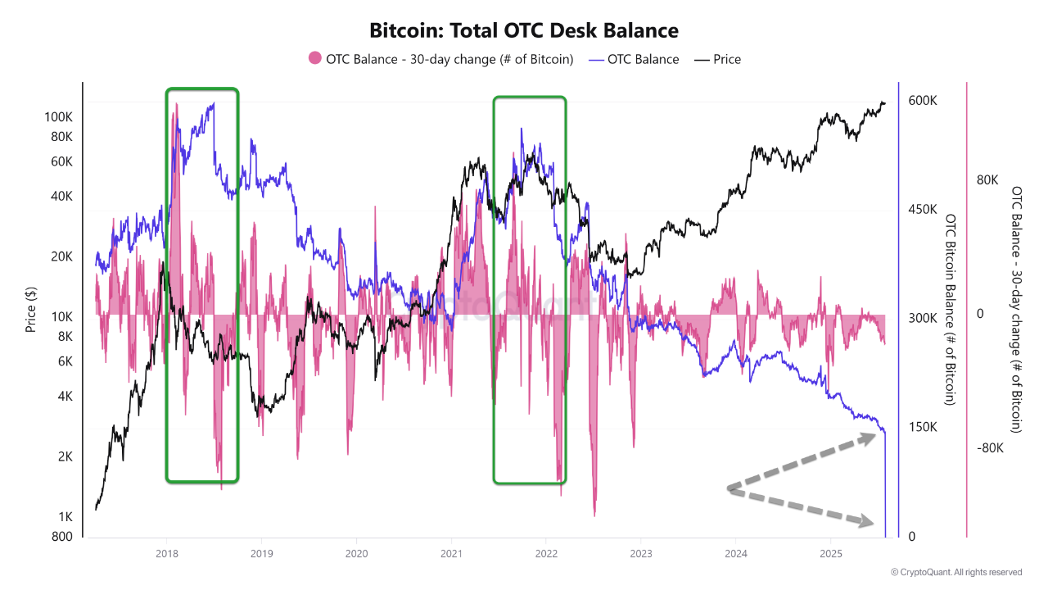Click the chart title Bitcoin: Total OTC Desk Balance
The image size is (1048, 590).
pos(524,31)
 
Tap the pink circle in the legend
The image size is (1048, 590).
pos(314,59)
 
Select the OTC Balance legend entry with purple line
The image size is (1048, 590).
pos(634,59)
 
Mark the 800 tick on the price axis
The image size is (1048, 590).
pos(62,537)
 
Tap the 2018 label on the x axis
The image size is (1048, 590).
pos(166,554)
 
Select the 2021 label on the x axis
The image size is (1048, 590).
pos(451,554)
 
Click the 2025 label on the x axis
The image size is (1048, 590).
pos(830,554)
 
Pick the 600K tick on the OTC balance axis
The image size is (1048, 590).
pos(923,100)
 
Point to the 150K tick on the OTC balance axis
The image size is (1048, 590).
pos(923,428)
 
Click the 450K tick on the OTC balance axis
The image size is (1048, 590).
pos(923,210)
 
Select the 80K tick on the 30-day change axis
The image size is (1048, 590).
pos(988,180)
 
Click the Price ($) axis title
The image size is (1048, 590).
pos(30,310)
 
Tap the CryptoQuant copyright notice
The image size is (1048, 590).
pos(956,572)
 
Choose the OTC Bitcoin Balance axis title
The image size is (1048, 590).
pos(951,310)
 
